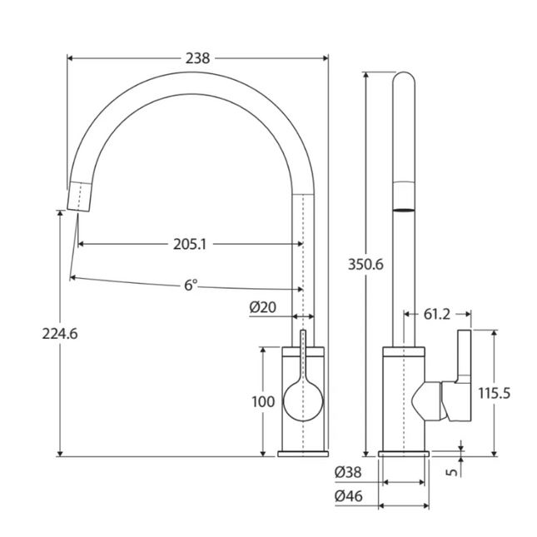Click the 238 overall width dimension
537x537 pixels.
tap(198, 58)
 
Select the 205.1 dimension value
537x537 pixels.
tap(190, 244)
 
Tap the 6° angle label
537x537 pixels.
tap(191, 285)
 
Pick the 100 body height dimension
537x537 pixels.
tap(262, 402)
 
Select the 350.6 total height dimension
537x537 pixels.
tap(365, 265)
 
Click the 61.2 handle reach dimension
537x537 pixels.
tap(437, 314)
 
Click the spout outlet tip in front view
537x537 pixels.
tap(77, 196)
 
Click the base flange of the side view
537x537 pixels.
tap(404, 454)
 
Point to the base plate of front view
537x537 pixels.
tap(303, 454)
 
